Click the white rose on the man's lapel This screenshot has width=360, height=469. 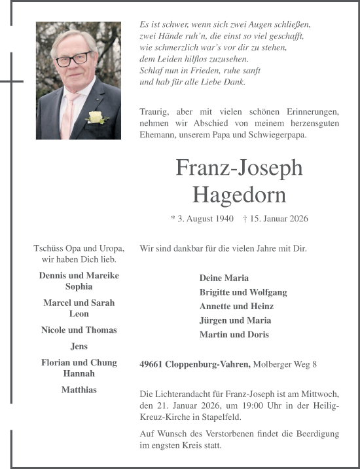[96, 118]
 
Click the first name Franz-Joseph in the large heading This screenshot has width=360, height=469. [239, 168]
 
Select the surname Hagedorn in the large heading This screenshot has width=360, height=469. [239, 194]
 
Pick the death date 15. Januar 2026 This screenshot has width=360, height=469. [279, 219]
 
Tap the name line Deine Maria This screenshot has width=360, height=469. [224, 278]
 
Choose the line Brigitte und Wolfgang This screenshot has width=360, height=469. [243, 292]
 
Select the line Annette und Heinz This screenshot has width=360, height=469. [236, 307]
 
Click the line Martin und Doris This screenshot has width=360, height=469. [234, 335]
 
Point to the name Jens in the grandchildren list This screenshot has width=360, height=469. [79, 347]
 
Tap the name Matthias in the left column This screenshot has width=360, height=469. [79, 390]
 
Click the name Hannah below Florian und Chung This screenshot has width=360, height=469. [79, 373]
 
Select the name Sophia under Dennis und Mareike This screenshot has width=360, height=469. [79, 287]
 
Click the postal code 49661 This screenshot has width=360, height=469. [152, 364]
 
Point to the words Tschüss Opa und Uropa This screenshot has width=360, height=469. [79, 248]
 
